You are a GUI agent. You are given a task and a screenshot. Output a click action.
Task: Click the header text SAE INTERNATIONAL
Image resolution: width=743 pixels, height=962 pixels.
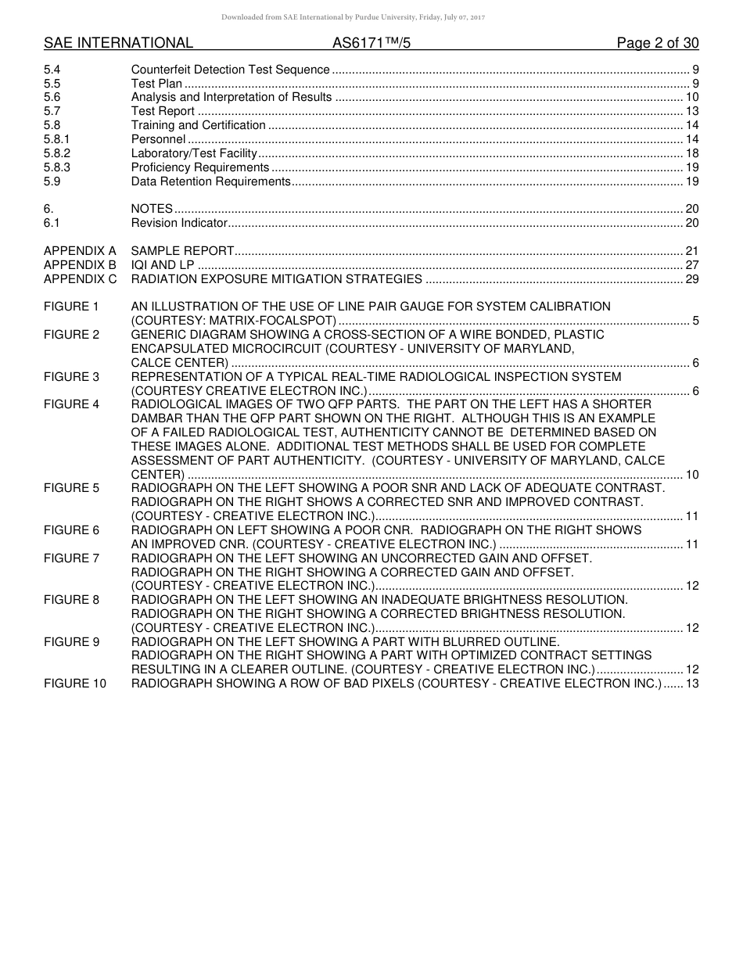pyautogui.click(x=118, y=43)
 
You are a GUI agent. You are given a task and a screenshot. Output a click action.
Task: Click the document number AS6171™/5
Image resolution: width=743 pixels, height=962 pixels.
pyautogui.click(x=371, y=43)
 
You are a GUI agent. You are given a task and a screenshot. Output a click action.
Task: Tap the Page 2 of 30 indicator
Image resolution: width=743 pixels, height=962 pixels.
pyautogui.click(x=657, y=43)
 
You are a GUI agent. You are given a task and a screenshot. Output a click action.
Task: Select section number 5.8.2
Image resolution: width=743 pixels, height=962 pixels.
pyautogui.click(x=57, y=153)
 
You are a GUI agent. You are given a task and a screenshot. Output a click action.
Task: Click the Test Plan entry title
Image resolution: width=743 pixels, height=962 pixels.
pyautogui.click(x=156, y=84)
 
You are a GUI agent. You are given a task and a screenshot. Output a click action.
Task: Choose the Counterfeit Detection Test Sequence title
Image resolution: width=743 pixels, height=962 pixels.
pyautogui.click(x=230, y=70)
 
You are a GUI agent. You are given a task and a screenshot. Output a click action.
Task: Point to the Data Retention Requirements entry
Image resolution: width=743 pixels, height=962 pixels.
pyautogui.click(x=210, y=181)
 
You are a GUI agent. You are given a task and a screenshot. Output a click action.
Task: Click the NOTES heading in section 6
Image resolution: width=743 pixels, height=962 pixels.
pyautogui.click(x=152, y=209)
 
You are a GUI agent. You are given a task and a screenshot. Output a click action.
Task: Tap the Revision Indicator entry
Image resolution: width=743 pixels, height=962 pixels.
pyautogui.click(x=179, y=223)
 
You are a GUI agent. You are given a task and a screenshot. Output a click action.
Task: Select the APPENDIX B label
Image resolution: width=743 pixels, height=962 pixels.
pyautogui.click(x=80, y=265)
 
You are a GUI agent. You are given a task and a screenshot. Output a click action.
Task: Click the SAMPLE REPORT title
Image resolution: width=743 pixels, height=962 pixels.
pyautogui.click(x=182, y=251)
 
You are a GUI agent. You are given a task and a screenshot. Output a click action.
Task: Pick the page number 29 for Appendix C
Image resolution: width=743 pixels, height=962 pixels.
pyautogui.click(x=691, y=279)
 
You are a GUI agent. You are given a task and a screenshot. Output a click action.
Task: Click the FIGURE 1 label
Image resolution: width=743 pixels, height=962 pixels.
pyautogui.click(x=71, y=307)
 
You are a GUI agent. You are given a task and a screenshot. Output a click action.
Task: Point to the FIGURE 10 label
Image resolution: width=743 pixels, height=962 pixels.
pyautogui.click(x=74, y=684)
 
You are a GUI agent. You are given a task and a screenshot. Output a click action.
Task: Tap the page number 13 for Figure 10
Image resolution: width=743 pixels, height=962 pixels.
pyautogui.click(x=691, y=684)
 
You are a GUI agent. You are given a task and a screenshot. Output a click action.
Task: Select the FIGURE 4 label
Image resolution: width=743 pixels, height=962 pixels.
pyautogui.click(x=71, y=404)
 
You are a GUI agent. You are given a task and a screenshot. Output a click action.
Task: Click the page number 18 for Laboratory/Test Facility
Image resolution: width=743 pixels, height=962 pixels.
pyautogui.click(x=691, y=153)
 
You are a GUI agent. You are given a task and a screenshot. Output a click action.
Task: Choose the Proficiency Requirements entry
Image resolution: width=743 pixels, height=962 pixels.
pyautogui.click(x=199, y=167)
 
